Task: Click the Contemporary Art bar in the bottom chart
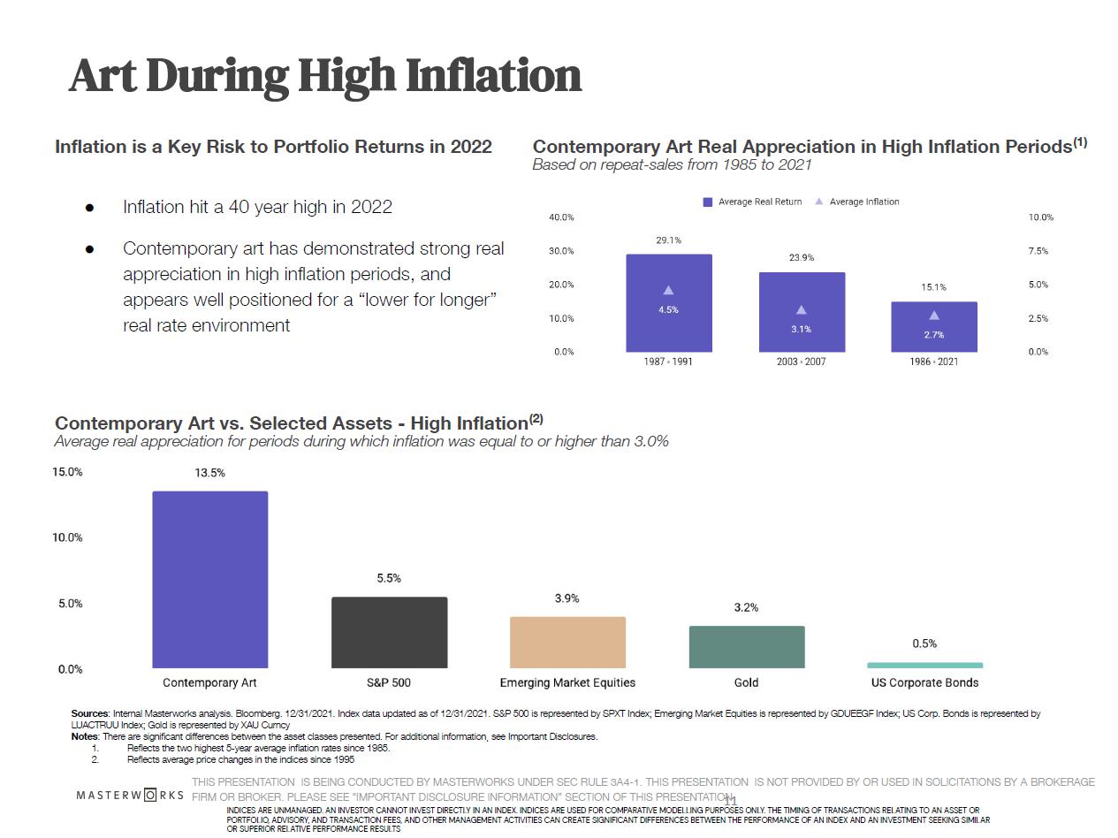point(210,579)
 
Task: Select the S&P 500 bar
point(389,632)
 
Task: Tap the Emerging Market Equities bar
point(567,642)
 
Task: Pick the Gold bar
point(747,646)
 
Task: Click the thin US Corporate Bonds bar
point(924,665)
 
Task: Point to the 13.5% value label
point(210,473)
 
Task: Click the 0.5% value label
point(924,644)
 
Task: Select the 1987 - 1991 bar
point(669,302)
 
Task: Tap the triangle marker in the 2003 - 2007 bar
point(802,310)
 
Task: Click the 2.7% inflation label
point(933,335)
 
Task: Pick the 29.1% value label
point(669,240)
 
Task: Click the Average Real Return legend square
point(708,202)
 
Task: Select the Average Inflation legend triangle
point(819,202)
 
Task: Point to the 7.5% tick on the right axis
point(1038,251)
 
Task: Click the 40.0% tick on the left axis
point(561,217)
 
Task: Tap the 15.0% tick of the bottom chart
point(67,472)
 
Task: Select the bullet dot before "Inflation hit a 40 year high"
point(89,208)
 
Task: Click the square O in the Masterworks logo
point(151,795)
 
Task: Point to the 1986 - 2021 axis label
point(933,362)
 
